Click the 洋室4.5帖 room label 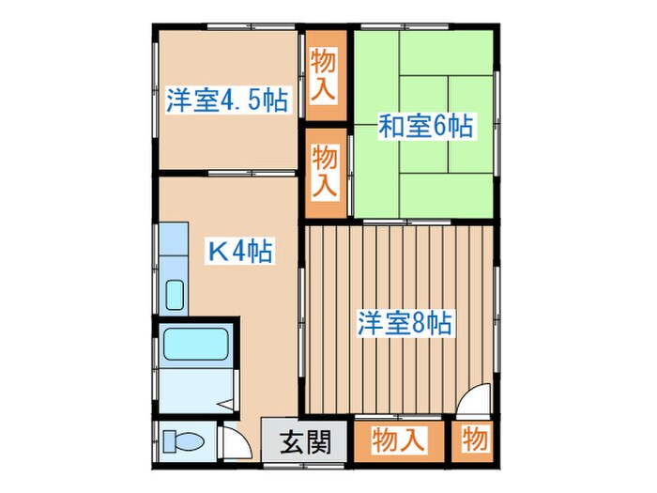tap(227, 100)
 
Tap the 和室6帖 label tap(424, 126)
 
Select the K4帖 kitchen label tap(240, 251)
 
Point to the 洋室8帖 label tap(405, 325)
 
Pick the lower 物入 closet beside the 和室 tap(325, 170)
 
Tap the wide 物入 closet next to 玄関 tap(399, 439)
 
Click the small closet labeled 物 tap(474, 439)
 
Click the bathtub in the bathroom tap(194, 344)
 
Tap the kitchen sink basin tap(175, 295)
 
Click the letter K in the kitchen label tap(217, 251)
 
